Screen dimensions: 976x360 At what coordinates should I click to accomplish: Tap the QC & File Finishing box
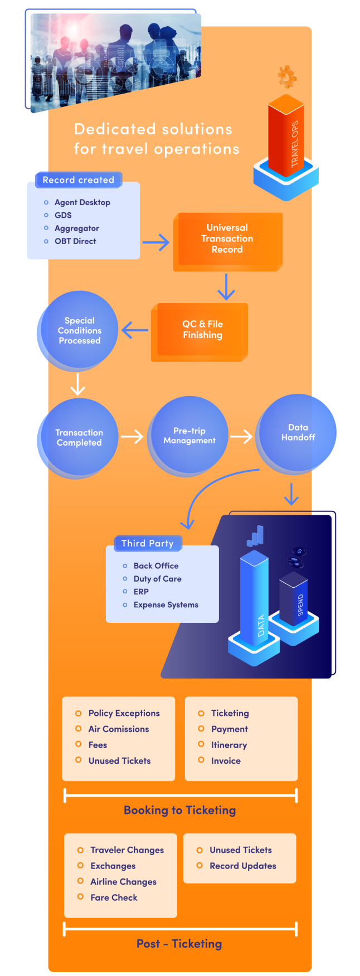[201, 330]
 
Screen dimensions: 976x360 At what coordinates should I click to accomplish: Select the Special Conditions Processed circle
[79, 330]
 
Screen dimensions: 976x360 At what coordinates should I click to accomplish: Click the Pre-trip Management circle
[189, 436]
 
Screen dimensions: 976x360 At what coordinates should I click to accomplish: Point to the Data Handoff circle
[297, 432]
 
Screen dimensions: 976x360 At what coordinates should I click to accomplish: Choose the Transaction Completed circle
[79, 437]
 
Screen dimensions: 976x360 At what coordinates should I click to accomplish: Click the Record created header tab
[78, 180]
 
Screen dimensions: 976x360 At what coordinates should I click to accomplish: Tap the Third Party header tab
[148, 543]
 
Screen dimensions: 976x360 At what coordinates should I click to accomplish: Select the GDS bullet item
[63, 215]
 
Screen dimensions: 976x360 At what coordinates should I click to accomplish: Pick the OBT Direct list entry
[75, 241]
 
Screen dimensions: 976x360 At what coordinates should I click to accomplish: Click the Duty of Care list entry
[157, 579]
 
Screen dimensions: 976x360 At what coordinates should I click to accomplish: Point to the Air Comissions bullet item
[119, 729]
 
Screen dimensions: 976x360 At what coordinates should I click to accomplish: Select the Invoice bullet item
[226, 760]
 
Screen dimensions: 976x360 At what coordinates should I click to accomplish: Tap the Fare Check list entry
[114, 897]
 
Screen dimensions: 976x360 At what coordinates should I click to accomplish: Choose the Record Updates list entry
[242, 866]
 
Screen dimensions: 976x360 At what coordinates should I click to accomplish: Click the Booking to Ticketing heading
[179, 810]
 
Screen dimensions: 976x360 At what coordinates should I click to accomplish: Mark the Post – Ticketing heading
[179, 944]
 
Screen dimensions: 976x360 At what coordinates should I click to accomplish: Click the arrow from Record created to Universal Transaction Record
[156, 242]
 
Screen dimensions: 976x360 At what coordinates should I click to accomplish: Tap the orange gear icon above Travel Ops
[287, 76]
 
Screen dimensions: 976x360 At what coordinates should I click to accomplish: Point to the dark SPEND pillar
[294, 599]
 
